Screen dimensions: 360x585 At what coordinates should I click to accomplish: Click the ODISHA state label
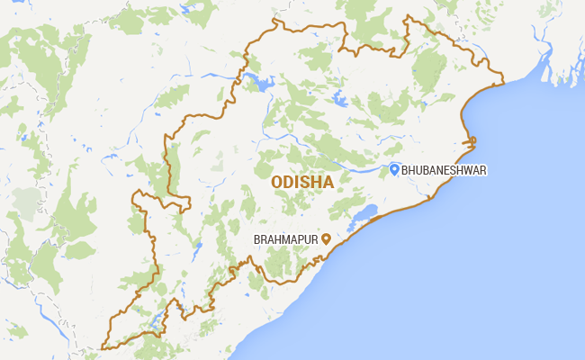click(302, 182)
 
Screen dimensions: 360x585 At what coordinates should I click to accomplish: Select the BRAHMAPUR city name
click(286, 239)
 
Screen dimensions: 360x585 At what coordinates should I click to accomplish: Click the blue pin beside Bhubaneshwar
click(394, 168)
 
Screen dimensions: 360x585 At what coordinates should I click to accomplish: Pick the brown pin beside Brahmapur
click(326, 238)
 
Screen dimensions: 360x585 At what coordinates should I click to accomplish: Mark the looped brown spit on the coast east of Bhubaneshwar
click(469, 141)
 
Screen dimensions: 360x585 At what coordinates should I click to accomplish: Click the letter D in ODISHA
click(287, 182)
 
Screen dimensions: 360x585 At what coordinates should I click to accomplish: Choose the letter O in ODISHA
click(275, 182)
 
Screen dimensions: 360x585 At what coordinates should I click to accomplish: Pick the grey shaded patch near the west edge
click(27, 200)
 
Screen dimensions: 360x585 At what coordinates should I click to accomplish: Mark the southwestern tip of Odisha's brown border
click(103, 346)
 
